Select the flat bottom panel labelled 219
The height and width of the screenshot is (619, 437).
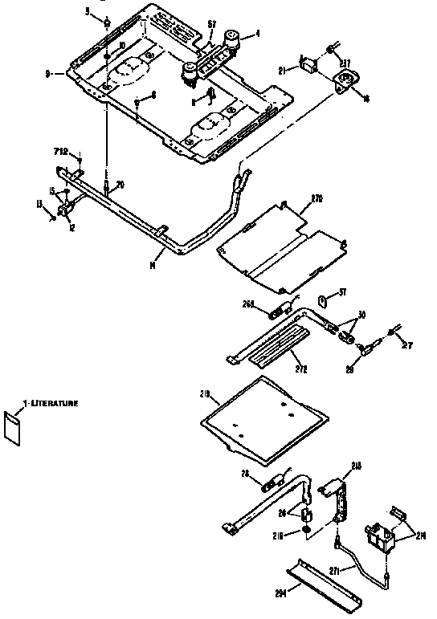coord(261,410)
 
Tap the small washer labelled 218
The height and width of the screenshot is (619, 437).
coord(307,531)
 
